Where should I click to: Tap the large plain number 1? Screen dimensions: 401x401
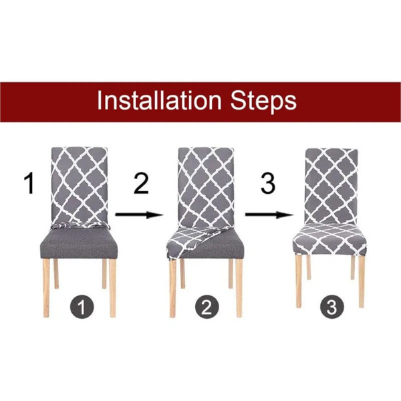pos(28,183)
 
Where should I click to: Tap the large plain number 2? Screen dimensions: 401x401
pos(140,183)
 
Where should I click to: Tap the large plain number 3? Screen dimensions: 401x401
pos(267,183)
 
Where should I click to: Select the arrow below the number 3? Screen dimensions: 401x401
pos(270,215)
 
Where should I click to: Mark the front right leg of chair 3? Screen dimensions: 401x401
pos(362,281)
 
